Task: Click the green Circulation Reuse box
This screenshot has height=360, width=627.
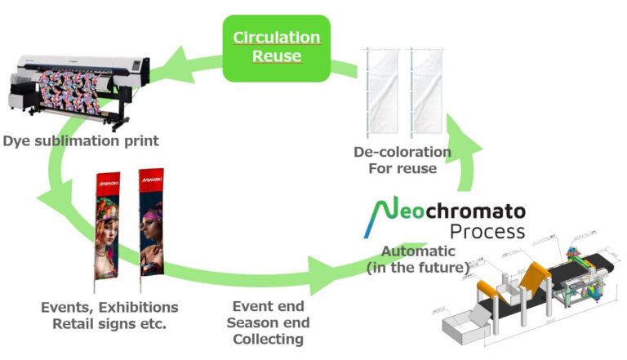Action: (276, 47)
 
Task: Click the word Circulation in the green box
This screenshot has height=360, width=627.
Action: (276, 38)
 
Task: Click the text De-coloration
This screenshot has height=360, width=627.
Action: (402, 153)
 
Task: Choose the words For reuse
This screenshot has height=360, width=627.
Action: (402, 170)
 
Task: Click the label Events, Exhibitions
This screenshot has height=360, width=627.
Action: (109, 308)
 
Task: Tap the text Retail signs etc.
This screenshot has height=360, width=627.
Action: (109, 324)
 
